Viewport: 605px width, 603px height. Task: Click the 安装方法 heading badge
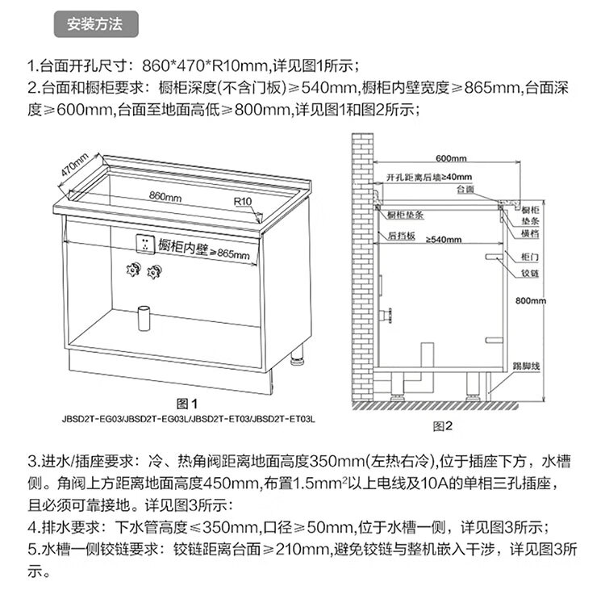pyautogui.click(x=95, y=24)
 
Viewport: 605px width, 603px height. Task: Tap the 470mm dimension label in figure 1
pyautogui.click(x=73, y=167)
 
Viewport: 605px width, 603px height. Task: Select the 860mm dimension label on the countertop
pyautogui.click(x=165, y=196)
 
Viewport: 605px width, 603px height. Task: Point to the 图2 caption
pyautogui.click(x=445, y=425)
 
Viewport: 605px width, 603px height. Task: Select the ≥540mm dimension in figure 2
pyautogui.click(x=445, y=240)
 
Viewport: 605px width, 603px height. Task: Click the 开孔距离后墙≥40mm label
pyautogui.click(x=428, y=177)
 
